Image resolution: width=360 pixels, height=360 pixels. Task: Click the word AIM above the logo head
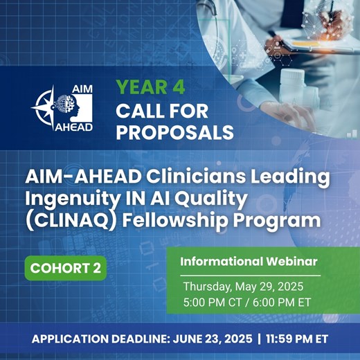click(x=82, y=89)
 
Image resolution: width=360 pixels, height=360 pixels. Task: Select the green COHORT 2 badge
click(x=62, y=268)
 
